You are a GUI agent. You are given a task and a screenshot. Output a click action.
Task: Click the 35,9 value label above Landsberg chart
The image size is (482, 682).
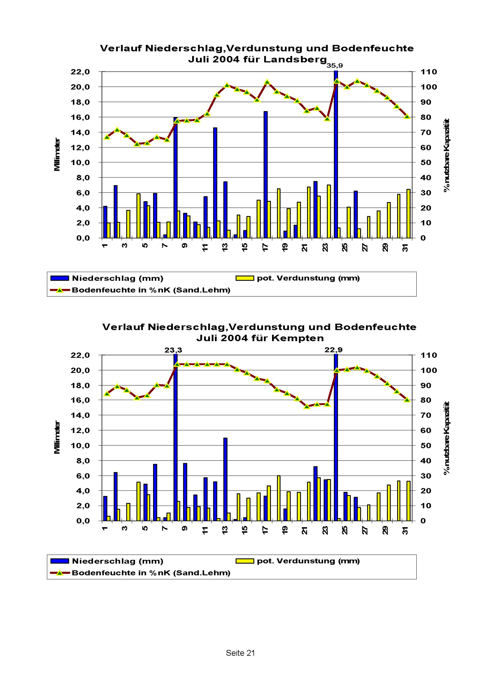335,66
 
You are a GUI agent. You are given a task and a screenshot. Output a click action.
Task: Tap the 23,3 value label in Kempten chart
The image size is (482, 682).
174,350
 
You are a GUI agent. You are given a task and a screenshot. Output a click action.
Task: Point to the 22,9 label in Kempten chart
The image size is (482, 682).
333,350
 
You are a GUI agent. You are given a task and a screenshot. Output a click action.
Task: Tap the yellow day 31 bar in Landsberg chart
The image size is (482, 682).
408,214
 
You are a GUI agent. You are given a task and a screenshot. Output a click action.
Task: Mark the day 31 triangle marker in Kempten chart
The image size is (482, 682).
407,400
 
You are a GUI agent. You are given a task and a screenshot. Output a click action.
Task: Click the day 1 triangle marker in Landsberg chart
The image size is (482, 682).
107,137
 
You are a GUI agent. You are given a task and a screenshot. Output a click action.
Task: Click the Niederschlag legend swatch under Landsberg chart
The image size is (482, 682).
60,278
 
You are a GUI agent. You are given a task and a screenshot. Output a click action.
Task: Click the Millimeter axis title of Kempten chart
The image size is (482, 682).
57,437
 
